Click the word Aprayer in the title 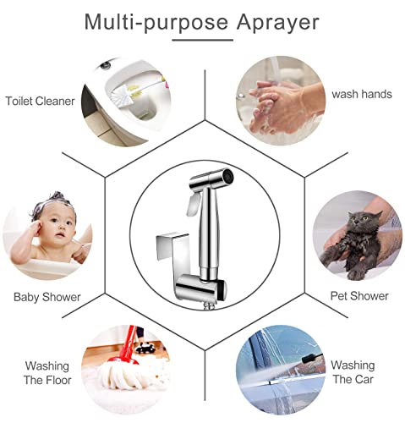[277, 23]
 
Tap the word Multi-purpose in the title [156, 22]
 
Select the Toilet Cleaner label [41, 101]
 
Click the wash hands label [362, 94]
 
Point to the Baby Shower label [47, 297]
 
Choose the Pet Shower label [359, 296]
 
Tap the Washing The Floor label [47, 373]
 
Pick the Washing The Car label [353, 372]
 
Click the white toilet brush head [119, 95]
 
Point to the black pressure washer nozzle [312, 357]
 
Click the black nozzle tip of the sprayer [227, 176]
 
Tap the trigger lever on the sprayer [193, 204]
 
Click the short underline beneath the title [203, 40]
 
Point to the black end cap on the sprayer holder [222, 290]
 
